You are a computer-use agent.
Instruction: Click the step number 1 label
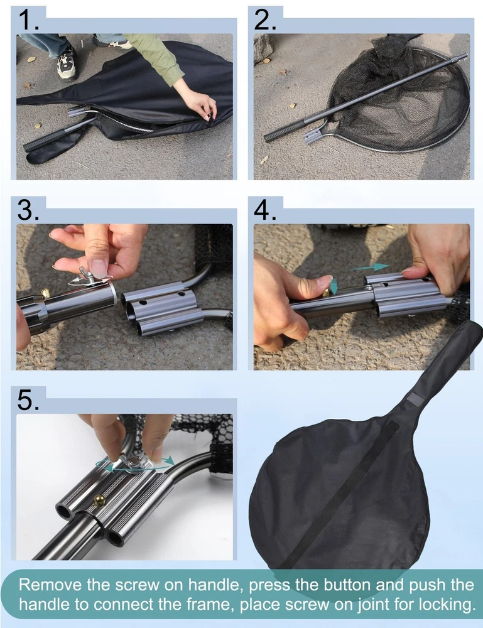[x=28, y=21]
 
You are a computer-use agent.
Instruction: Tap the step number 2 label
[x=264, y=20]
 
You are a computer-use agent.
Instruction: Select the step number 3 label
[x=28, y=210]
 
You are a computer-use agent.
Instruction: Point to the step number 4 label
[x=264, y=210]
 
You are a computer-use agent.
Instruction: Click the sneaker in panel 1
[x=67, y=62]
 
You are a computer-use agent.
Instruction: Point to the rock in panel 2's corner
[x=263, y=47]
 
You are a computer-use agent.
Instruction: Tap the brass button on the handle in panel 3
[x=45, y=293]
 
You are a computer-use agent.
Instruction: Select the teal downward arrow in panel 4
[x=334, y=286]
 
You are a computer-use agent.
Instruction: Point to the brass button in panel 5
[x=99, y=500]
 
